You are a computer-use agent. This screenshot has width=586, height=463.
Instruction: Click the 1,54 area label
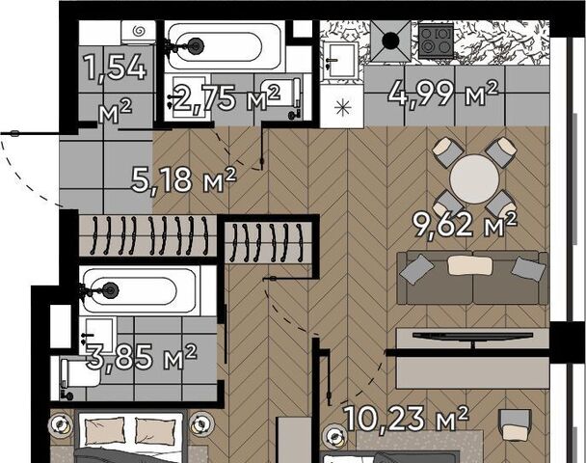[x=116, y=68]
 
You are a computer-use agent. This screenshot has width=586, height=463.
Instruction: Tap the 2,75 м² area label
[x=226, y=97]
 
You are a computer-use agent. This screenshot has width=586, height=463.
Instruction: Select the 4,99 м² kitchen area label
[x=443, y=94]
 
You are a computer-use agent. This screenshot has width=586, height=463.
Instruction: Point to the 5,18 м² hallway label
[x=183, y=179]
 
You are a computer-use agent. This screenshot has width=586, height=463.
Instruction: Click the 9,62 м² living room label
[x=465, y=224]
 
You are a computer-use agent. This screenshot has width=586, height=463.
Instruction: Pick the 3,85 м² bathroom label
[x=142, y=356]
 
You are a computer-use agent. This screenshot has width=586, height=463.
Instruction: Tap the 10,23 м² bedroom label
[x=406, y=418]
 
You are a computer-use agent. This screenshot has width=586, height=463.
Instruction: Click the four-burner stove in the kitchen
[x=436, y=41]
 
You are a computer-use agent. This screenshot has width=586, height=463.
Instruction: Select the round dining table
[x=474, y=178]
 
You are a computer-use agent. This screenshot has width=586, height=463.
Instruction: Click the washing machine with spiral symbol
[x=138, y=32]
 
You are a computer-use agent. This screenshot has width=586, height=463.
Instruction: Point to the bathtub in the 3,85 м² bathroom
[x=139, y=290]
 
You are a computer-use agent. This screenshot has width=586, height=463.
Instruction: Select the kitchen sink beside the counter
[x=340, y=61]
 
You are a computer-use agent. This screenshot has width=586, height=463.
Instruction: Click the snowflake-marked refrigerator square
[x=342, y=107]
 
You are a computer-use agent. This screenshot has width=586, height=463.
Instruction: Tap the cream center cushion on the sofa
[x=469, y=265]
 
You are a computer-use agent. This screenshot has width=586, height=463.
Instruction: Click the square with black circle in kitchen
[x=390, y=41]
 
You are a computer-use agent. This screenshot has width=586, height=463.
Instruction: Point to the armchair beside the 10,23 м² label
[x=516, y=424]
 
